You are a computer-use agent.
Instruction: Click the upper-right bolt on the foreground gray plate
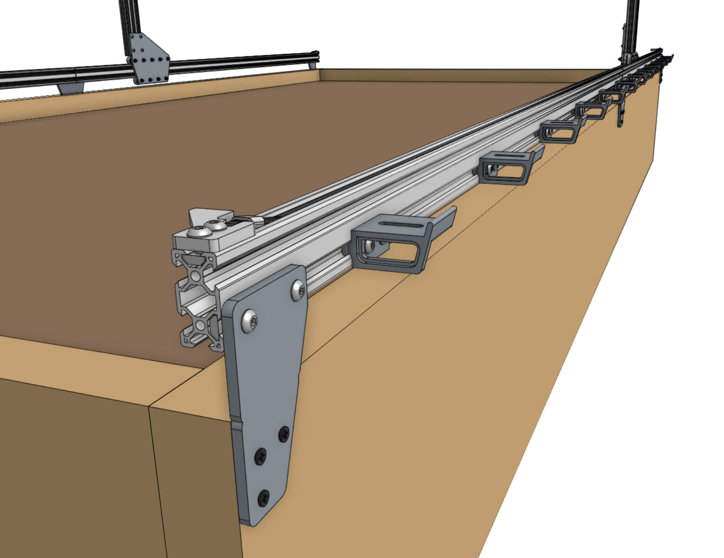click(299, 291)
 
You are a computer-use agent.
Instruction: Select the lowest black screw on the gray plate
click(264, 497)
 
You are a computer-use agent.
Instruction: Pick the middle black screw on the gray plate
click(261, 457)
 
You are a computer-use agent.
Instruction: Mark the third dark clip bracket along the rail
click(559, 132)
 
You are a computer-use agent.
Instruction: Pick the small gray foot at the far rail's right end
click(312, 66)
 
